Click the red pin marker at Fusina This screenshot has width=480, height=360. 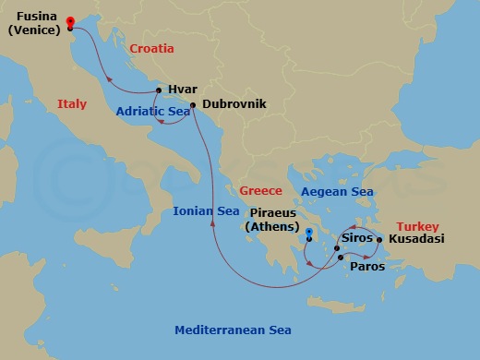click(x=71, y=23)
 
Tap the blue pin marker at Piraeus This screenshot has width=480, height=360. click(x=309, y=234)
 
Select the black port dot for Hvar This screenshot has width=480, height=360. click(x=159, y=90)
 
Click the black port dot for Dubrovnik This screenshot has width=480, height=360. click(x=192, y=105)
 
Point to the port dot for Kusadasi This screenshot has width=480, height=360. click(x=379, y=240)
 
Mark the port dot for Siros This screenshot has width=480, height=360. click(x=337, y=248)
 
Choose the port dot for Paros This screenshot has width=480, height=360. click(x=342, y=258)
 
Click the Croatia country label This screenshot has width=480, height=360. click(x=152, y=49)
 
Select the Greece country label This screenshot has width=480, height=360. click(x=259, y=191)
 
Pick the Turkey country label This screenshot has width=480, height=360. click(x=418, y=224)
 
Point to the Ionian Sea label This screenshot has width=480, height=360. click(x=206, y=210)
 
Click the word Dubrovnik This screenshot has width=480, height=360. click(x=234, y=104)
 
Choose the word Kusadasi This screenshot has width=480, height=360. click(x=417, y=239)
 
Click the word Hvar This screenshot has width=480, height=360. click(x=183, y=90)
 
